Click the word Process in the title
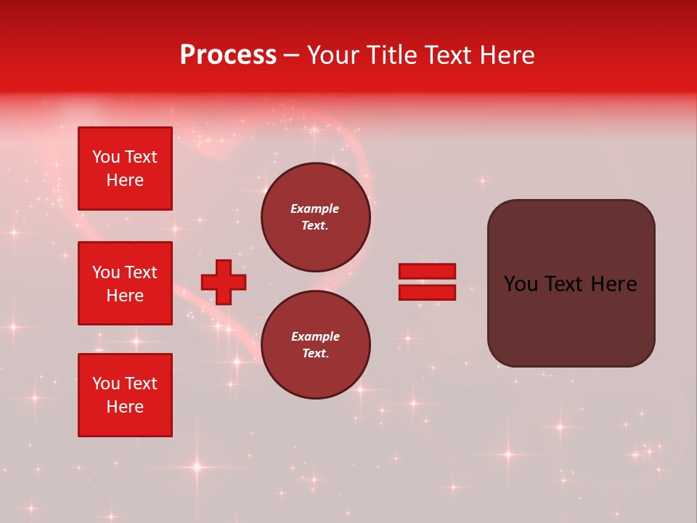228,55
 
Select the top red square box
125,169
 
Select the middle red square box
125,283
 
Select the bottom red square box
125,395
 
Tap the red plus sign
224,282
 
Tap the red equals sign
427,282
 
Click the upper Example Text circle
315,216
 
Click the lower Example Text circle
315,344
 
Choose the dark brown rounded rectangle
571,283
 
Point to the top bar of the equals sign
427,271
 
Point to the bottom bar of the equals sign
427,292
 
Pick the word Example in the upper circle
315,208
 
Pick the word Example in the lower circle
315,336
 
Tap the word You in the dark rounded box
521,284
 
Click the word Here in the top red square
125,180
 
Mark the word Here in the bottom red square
125,407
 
